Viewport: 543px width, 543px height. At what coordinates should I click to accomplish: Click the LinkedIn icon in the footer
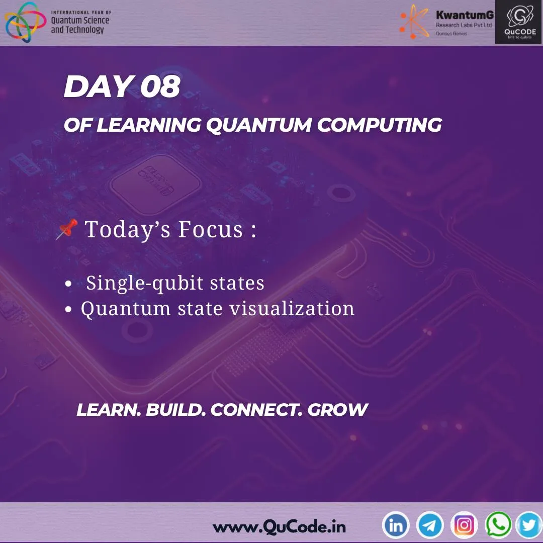coord(396,526)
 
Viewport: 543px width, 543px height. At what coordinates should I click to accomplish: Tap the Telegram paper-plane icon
coord(430,526)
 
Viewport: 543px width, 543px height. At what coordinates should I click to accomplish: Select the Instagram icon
coord(464,526)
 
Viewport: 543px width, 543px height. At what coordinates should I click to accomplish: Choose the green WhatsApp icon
coord(498,526)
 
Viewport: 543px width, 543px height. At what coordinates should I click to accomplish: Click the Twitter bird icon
coord(529,526)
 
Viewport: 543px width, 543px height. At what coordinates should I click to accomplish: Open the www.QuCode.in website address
coord(279,527)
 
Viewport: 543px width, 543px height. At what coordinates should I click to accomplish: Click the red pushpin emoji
coord(66,229)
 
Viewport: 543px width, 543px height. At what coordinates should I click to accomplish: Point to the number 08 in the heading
coord(160,86)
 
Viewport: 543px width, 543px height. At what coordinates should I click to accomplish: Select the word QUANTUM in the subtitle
coord(258,125)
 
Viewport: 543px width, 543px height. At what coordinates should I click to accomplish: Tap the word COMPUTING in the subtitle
coord(379,125)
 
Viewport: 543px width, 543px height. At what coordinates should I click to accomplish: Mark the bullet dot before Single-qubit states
coord(69,285)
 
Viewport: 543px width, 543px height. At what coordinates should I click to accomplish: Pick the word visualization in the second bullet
coord(292,309)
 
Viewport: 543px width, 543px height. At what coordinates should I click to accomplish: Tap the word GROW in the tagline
coord(337,410)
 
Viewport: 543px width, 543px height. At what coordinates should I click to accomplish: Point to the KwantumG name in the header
coord(465,16)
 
